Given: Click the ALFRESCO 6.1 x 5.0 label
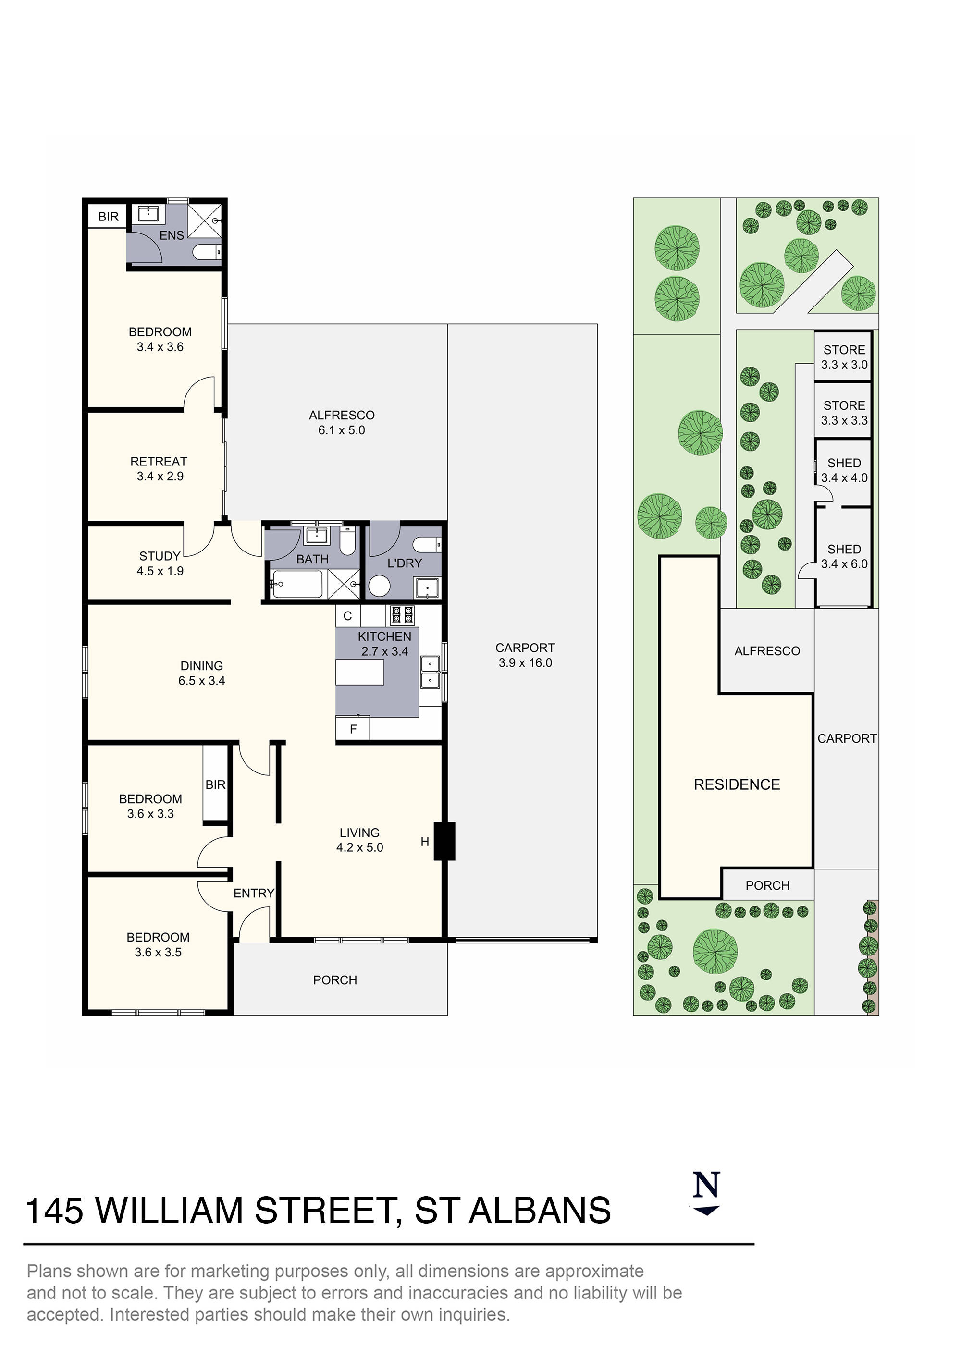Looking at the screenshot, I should (342, 423).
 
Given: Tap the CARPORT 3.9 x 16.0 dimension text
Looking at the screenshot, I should (525, 655).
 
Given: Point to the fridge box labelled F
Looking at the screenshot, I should (353, 729).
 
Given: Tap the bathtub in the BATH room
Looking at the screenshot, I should (297, 585).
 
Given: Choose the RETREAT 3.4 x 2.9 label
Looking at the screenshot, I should (159, 469).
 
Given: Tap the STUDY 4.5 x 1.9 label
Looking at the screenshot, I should (160, 563).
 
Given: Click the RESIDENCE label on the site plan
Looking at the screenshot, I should (737, 785).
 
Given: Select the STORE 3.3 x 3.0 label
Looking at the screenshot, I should (844, 357).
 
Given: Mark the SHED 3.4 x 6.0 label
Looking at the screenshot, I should (844, 556).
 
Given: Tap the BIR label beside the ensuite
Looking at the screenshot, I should (109, 217).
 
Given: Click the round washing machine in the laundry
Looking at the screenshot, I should (379, 587).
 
